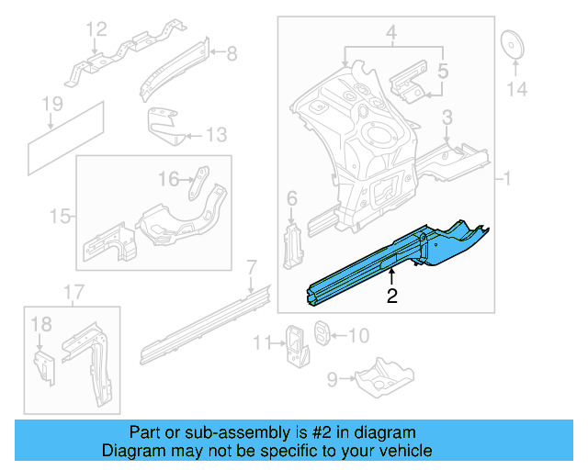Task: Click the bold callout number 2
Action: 391,296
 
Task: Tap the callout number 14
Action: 517,89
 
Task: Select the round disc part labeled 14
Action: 511,44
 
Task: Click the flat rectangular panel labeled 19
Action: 64,139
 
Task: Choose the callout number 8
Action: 232,54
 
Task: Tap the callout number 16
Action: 169,179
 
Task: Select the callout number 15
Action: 60,217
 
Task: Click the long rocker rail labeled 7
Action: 202,321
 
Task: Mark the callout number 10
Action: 357,336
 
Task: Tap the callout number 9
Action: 334,375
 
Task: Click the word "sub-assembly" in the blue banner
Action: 221,432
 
